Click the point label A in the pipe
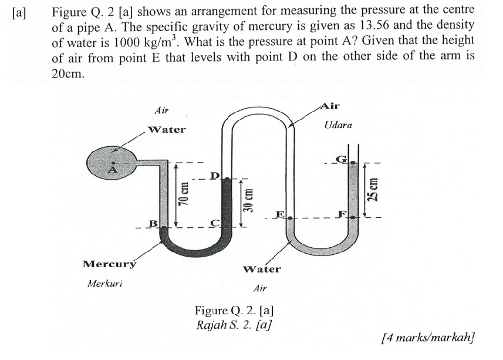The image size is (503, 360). pos(114,170)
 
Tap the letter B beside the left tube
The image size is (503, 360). pos(154,223)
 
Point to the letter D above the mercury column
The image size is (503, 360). pos(215,176)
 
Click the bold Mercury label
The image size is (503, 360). pos(109,264)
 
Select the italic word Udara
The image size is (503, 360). pos(338,126)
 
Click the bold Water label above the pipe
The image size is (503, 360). pos(167,129)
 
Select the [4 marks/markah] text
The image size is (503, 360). pos(427,338)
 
